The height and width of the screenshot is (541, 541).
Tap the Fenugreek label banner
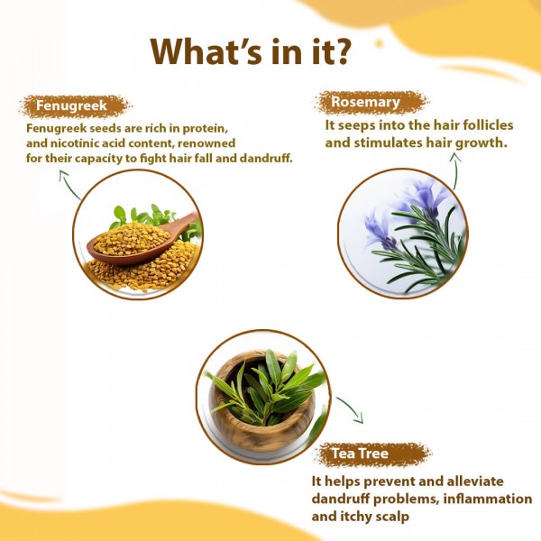72,106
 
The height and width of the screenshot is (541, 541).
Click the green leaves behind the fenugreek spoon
144,217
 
